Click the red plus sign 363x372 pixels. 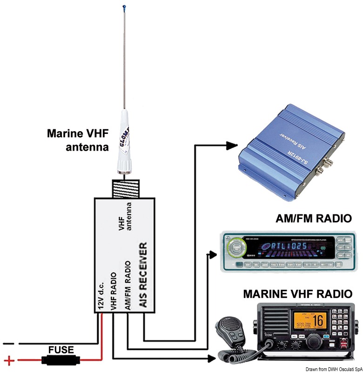[8, 359]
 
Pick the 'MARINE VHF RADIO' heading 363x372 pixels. [298, 294]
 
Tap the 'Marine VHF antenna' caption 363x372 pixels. [77, 140]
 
